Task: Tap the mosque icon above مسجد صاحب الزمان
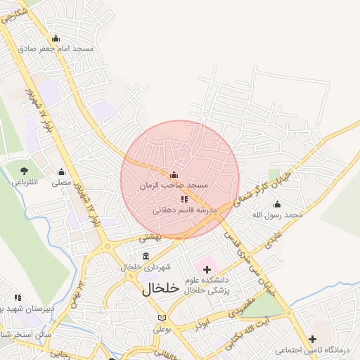[174, 175]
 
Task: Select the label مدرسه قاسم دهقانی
[188, 210]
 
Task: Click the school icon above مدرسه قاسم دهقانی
[184, 200]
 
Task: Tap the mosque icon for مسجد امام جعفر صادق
[56, 39]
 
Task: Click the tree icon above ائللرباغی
[25, 171]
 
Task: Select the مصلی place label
[62, 182]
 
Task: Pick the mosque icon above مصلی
[61, 172]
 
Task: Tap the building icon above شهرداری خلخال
[146, 256]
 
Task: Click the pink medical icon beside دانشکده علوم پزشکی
[207, 268]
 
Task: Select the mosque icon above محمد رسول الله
[277, 204]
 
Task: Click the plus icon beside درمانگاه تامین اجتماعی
[312, 340]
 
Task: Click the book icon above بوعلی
[163, 318]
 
